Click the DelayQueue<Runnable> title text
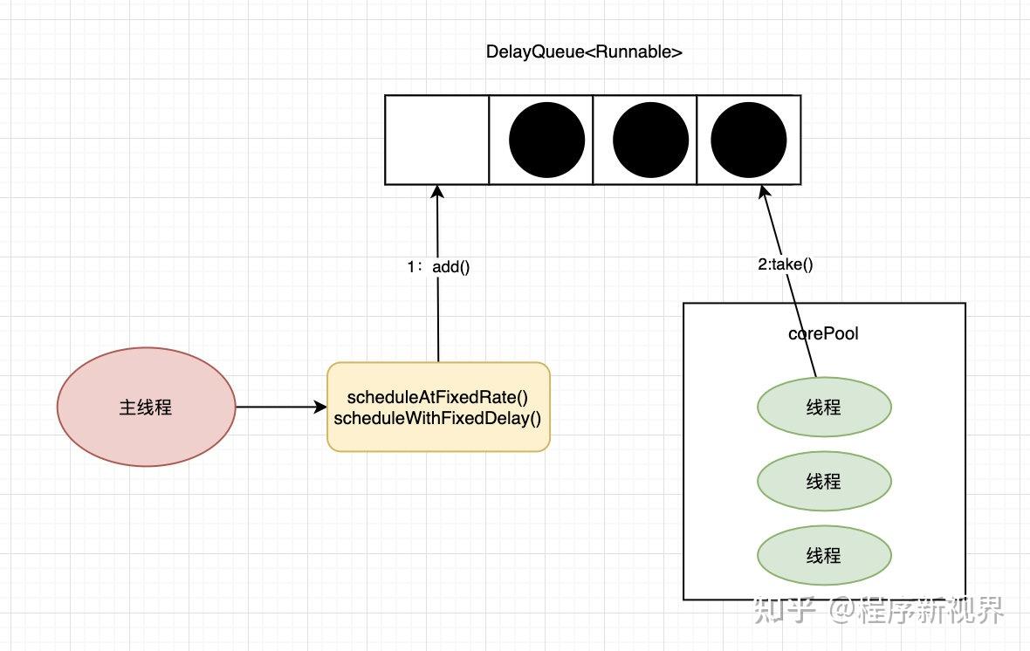(584, 51)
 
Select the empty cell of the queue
(436, 140)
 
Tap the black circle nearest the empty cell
(546, 140)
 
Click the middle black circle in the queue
(650, 140)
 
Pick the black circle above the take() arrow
(748, 140)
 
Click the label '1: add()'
(438, 267)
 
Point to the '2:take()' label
(786, 264)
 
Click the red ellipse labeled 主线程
(146, 408)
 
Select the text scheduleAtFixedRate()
(437, 397)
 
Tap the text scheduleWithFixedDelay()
(437, 419)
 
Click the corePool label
(823, 333)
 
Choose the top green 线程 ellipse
(824, 408)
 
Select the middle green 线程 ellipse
(824, 482)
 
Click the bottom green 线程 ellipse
(824, 556)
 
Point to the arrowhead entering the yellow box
(320, 408)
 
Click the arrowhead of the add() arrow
(437, 191)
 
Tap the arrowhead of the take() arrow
(763, 192)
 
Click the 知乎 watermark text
(785, 610)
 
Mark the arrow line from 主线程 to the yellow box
(281, 408)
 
